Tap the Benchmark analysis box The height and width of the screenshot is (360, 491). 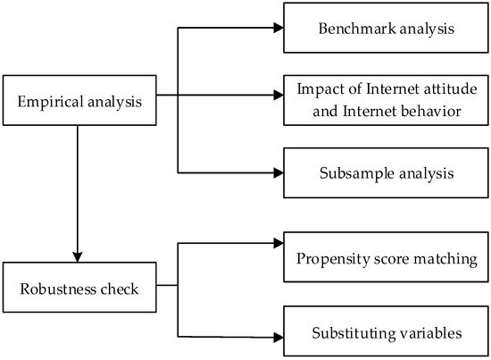[385, 28]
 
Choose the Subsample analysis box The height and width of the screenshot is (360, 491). [385, 172]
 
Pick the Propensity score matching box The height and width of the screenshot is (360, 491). [385, 259]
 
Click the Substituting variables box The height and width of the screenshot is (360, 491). [385, 334]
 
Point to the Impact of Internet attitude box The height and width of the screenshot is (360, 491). [385, 98]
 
